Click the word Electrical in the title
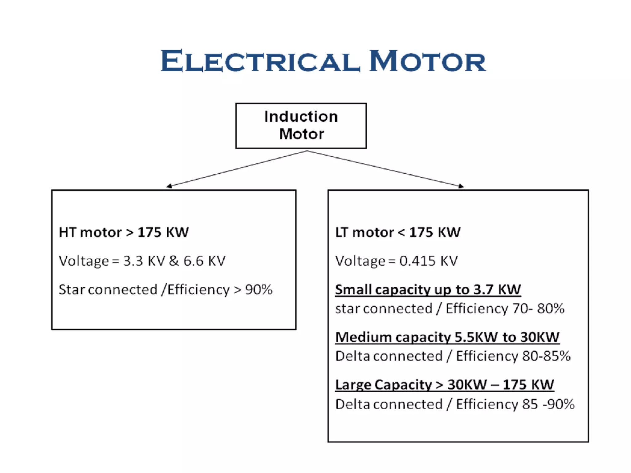point(260,61)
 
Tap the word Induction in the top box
point(301,117)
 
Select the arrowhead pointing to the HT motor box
point(169,186)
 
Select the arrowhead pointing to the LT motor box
point(461,186)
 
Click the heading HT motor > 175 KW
point(124,232)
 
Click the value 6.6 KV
point(205,261)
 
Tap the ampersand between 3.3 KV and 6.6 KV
point(174,261)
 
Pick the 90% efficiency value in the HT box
point(259,290)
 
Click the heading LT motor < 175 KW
point(398,232)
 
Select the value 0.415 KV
point(429,261)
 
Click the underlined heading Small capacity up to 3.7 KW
point(428,290)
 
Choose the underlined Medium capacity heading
point(447,337)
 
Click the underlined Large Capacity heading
point(445,385)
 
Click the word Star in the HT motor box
point(71,290)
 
